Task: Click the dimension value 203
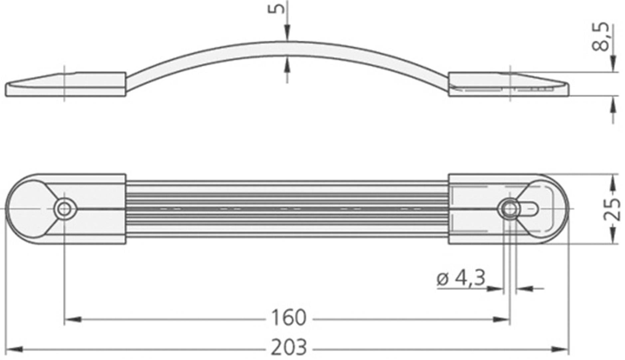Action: click(289, 348)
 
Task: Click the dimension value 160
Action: click(289, 317)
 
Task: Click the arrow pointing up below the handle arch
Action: click(287, 65)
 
